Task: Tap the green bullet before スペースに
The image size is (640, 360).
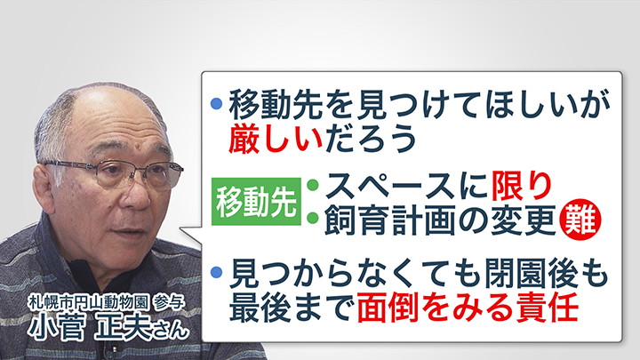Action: [313, 187]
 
